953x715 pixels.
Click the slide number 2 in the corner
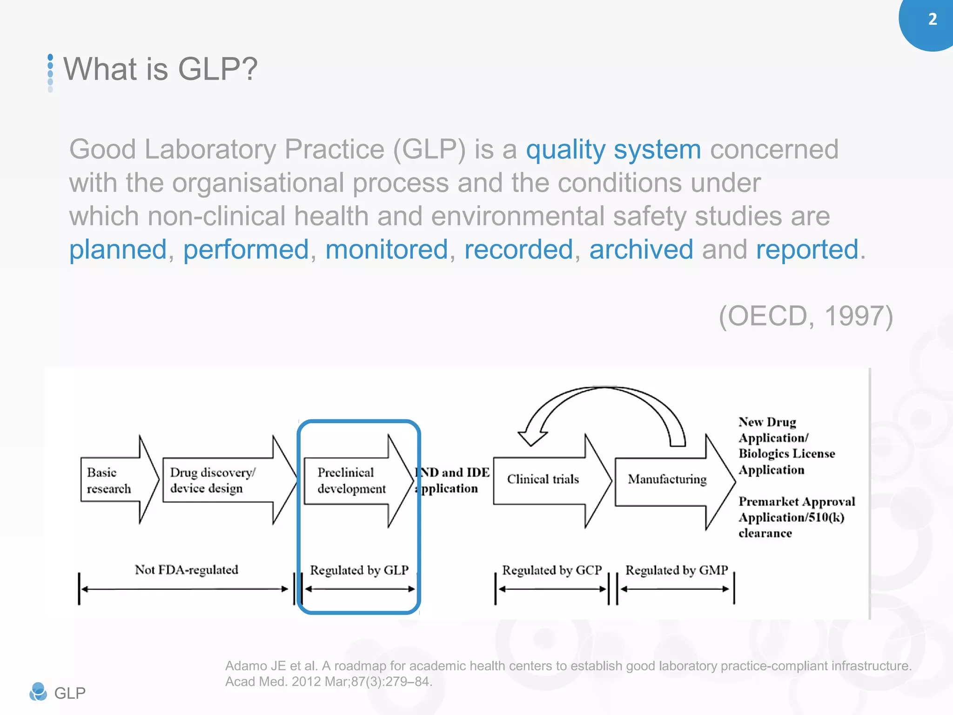click(932, 19)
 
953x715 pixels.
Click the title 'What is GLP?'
click(160, 69)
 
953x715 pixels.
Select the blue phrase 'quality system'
click(613, 149)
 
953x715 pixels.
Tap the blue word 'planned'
click(118, 249)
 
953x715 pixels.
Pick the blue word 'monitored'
click(386, 249)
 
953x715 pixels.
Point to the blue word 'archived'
click(641, 249)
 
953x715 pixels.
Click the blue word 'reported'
click(806, 249)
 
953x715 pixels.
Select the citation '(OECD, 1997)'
click(805, 316)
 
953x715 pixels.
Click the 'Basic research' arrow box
click(114, 480)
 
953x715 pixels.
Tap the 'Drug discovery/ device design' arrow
click(219, 480)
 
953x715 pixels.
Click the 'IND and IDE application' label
click(451, 480)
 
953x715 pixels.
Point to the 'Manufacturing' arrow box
click(667, 479)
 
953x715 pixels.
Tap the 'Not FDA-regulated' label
click(186, 570)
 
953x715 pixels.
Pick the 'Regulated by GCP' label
click(551, 570)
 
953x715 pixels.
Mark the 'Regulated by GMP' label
click(676, 570)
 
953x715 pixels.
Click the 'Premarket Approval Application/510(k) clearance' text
click(796, 517)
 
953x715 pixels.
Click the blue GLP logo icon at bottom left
click(38, 692)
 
